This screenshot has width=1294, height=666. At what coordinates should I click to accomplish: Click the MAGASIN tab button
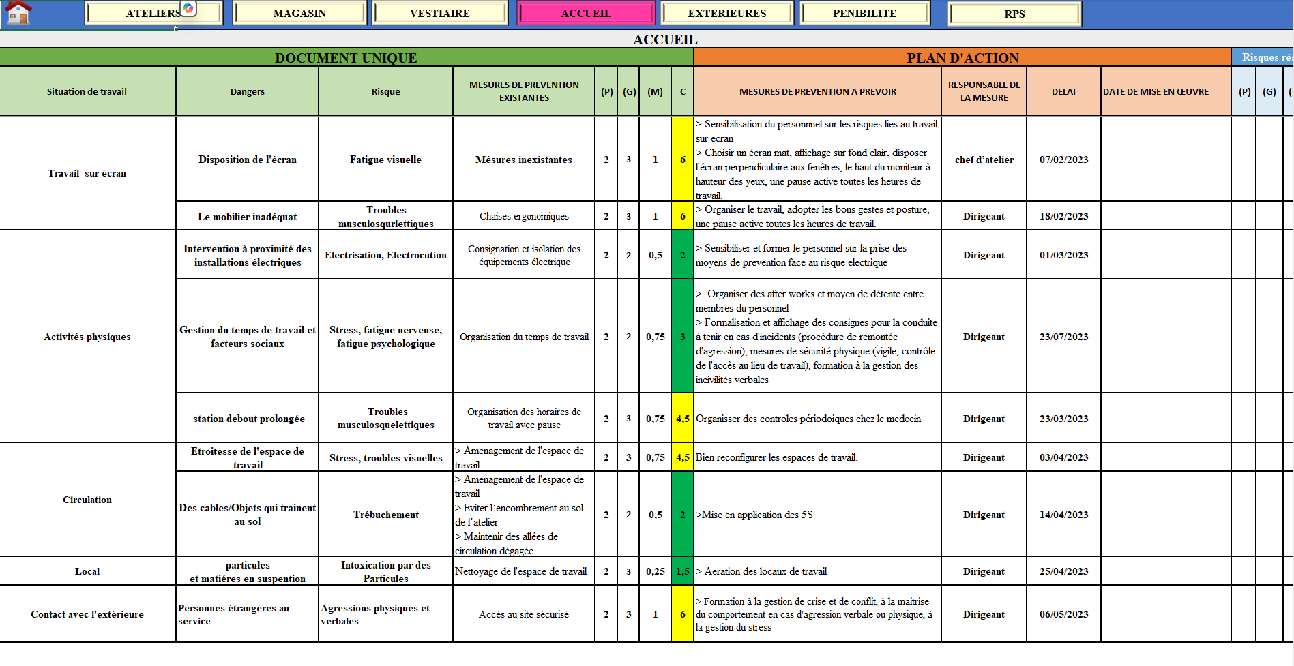point(299,14)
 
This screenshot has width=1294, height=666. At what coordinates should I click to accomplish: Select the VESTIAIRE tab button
point(439,14)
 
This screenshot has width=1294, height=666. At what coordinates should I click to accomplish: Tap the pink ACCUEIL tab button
point(586,14)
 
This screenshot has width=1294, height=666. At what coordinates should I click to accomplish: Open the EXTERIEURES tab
point(726,14)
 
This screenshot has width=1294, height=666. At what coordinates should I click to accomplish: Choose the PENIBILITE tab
point(864,14)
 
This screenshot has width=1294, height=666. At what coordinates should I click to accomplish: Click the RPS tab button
point(1014,14)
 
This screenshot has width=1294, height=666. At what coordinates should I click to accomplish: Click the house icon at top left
point(18,12)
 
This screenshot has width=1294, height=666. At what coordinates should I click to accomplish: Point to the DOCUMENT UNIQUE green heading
point(346,58)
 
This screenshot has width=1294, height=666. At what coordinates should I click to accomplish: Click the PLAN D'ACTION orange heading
point(962,58)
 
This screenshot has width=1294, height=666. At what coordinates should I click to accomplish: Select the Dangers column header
point(247,92)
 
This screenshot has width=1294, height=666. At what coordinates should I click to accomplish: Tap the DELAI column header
point(1063,92)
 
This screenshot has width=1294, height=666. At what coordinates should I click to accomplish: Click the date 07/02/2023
point(1063,160)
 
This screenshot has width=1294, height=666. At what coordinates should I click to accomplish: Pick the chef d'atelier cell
point(984,160)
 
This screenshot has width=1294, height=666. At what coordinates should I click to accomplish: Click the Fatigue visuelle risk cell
point(385,160)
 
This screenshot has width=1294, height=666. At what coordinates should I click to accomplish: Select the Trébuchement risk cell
point(385,515)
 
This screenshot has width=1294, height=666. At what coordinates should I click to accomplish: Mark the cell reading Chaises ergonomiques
point(524,216)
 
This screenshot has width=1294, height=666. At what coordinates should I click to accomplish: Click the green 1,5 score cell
point(682,571)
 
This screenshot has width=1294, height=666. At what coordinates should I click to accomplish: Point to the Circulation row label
point(87,500)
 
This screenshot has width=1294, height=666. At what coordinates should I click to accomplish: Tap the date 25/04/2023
point(1063,571)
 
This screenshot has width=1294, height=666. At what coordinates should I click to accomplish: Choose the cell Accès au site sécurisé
point(524,614)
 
